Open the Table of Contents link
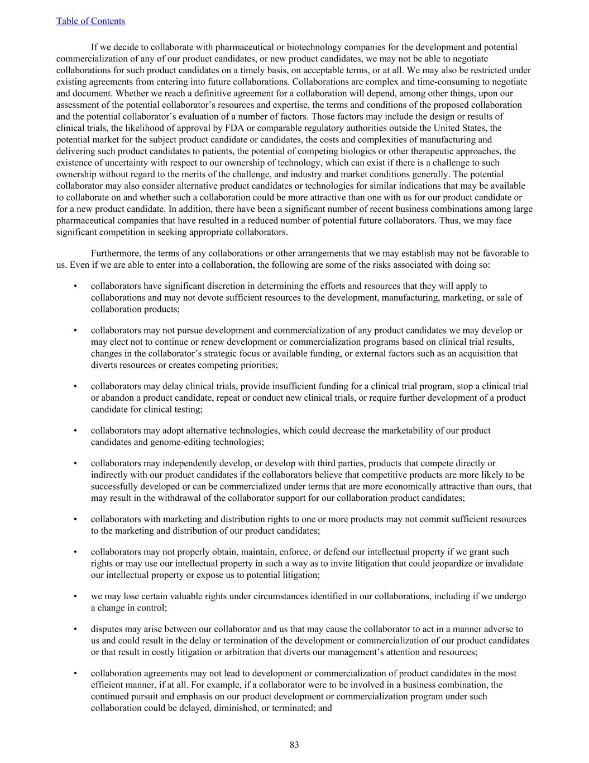click(90, 21)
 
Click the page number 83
click(294, 745)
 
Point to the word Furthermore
click(114, 253)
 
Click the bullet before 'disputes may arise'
click(75, 629)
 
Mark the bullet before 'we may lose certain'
click(75, 596)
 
